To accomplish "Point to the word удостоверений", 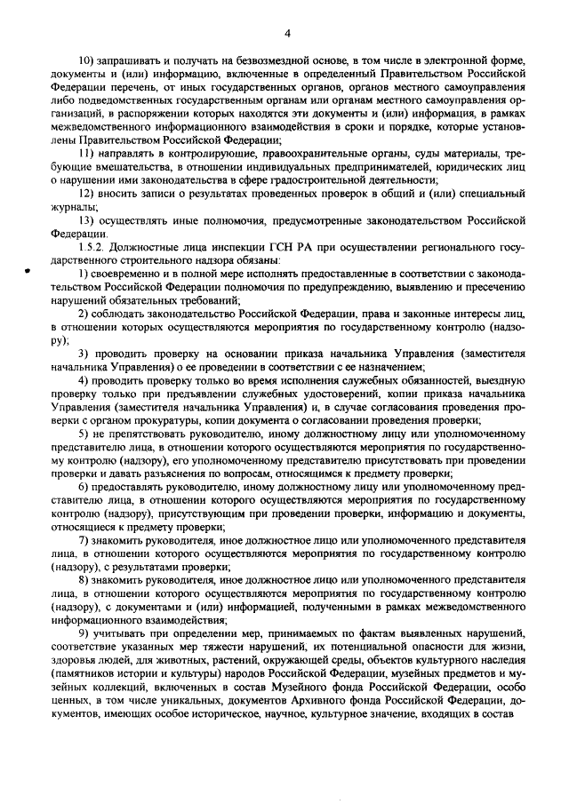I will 315,393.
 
